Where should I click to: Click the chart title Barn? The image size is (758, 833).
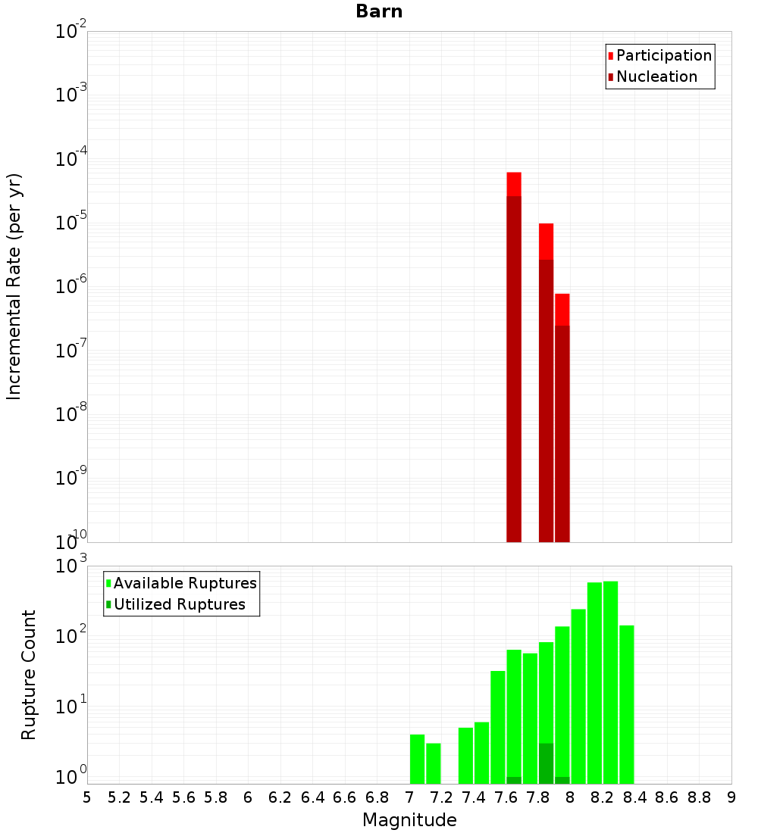379,11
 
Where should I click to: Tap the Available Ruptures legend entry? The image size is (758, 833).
184,583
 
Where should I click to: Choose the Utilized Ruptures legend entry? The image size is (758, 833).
179,604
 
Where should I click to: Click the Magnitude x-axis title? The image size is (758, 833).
409,820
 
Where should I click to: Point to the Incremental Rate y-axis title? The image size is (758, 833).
14,287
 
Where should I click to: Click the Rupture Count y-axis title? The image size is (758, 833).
29,675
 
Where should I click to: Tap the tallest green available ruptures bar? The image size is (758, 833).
610,682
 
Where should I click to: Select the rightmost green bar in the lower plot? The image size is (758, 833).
627,704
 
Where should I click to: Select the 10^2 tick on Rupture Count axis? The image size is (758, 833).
70,635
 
